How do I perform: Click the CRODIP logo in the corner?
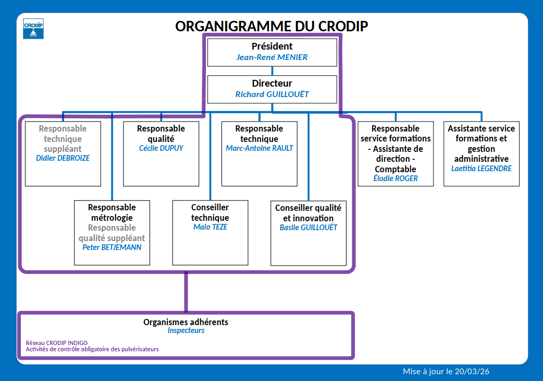pos(33,29)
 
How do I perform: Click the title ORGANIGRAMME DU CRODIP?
pos(271,26)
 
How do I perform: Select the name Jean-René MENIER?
pos(272,57)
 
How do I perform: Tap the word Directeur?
pos(272,84)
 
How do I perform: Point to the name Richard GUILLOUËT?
pos(272,94)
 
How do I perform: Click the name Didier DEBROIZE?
pos(63,158)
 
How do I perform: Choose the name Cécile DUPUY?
pos(161,148)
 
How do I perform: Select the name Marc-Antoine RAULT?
pos(260,148)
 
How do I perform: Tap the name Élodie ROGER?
pos(396,178)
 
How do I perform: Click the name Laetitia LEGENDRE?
pos(481,169)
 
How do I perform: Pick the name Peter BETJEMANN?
pos(112,247)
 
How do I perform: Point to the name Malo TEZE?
pos(210,227)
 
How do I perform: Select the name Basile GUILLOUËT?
pos(308,228)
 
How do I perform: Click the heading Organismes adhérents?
pos(186,322)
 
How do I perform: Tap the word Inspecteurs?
pos(186,330)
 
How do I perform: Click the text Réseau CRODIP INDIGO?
pos(57,343)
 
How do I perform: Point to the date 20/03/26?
pos(472,372)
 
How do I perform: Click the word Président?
pos(272,46)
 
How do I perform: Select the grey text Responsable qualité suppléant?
pos(112,233)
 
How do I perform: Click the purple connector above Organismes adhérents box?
pos(186,292)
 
